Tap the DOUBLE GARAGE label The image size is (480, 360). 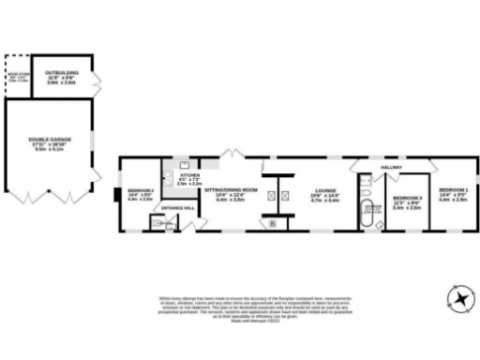pyautogui.click(x=48, y=142)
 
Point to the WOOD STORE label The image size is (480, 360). pyautogui.click(x=18, y=78)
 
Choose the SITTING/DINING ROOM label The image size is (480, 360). pyautogui.click(x=230, y=192)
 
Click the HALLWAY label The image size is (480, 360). pyautogui.click(x=391, y=169)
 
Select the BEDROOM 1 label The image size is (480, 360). pyautogui.click(x=453, y=194)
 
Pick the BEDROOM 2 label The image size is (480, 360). pyautogui.click(x=140, y=194)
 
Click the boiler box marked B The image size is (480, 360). pyautogui.click(x=273, y=224)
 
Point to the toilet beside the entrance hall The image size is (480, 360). pyautogui.click(x=157, y=223)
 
